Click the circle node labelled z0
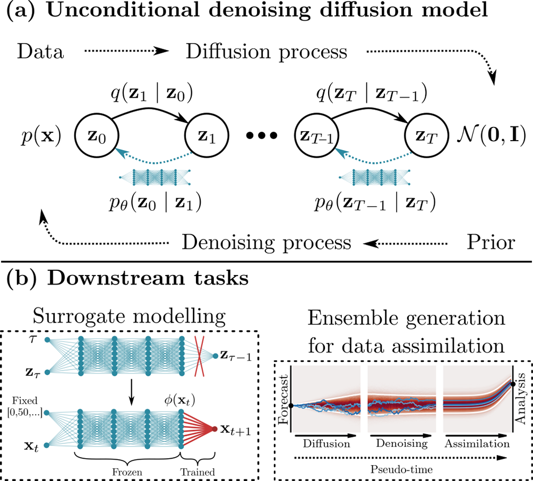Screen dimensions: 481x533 [96, 135]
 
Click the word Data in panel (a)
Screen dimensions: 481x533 [40, 53]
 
